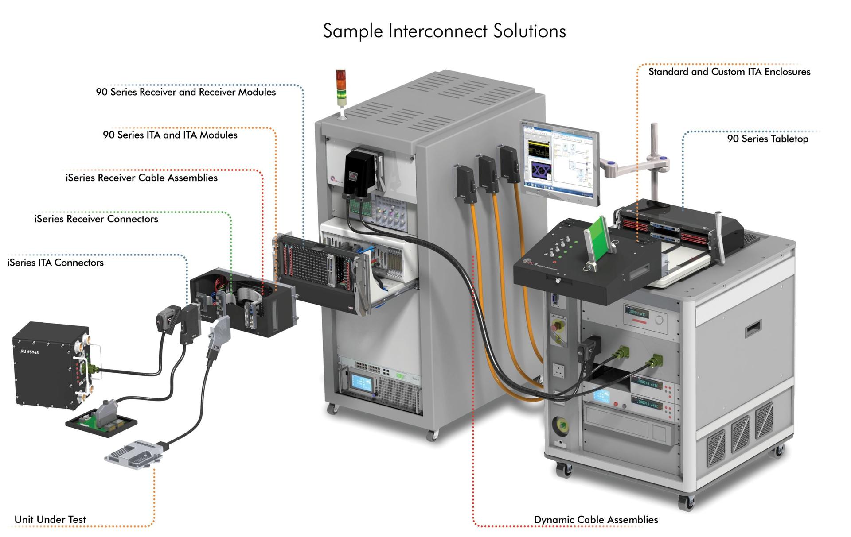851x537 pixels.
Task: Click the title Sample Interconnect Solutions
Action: [x=444, y=31]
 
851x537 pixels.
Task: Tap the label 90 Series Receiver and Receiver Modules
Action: [x=186, y=92]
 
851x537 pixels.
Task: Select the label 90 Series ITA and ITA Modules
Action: [x=170, y=135]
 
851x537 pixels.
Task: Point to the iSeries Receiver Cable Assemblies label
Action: [x=141, y=178]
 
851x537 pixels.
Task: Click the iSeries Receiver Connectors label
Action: [x=96, y=219]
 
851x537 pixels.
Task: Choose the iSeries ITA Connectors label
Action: [x=55, y=263]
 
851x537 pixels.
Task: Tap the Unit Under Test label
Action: [x=50, y=519]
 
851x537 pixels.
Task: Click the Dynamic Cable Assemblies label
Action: [x=596, y=520]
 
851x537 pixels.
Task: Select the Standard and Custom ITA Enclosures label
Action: [x=729, y=72]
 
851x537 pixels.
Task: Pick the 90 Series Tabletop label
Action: [x=767, y=139]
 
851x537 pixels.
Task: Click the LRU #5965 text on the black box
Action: [x=29, y=352]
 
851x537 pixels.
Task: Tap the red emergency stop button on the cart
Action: [x=556, y=328]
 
